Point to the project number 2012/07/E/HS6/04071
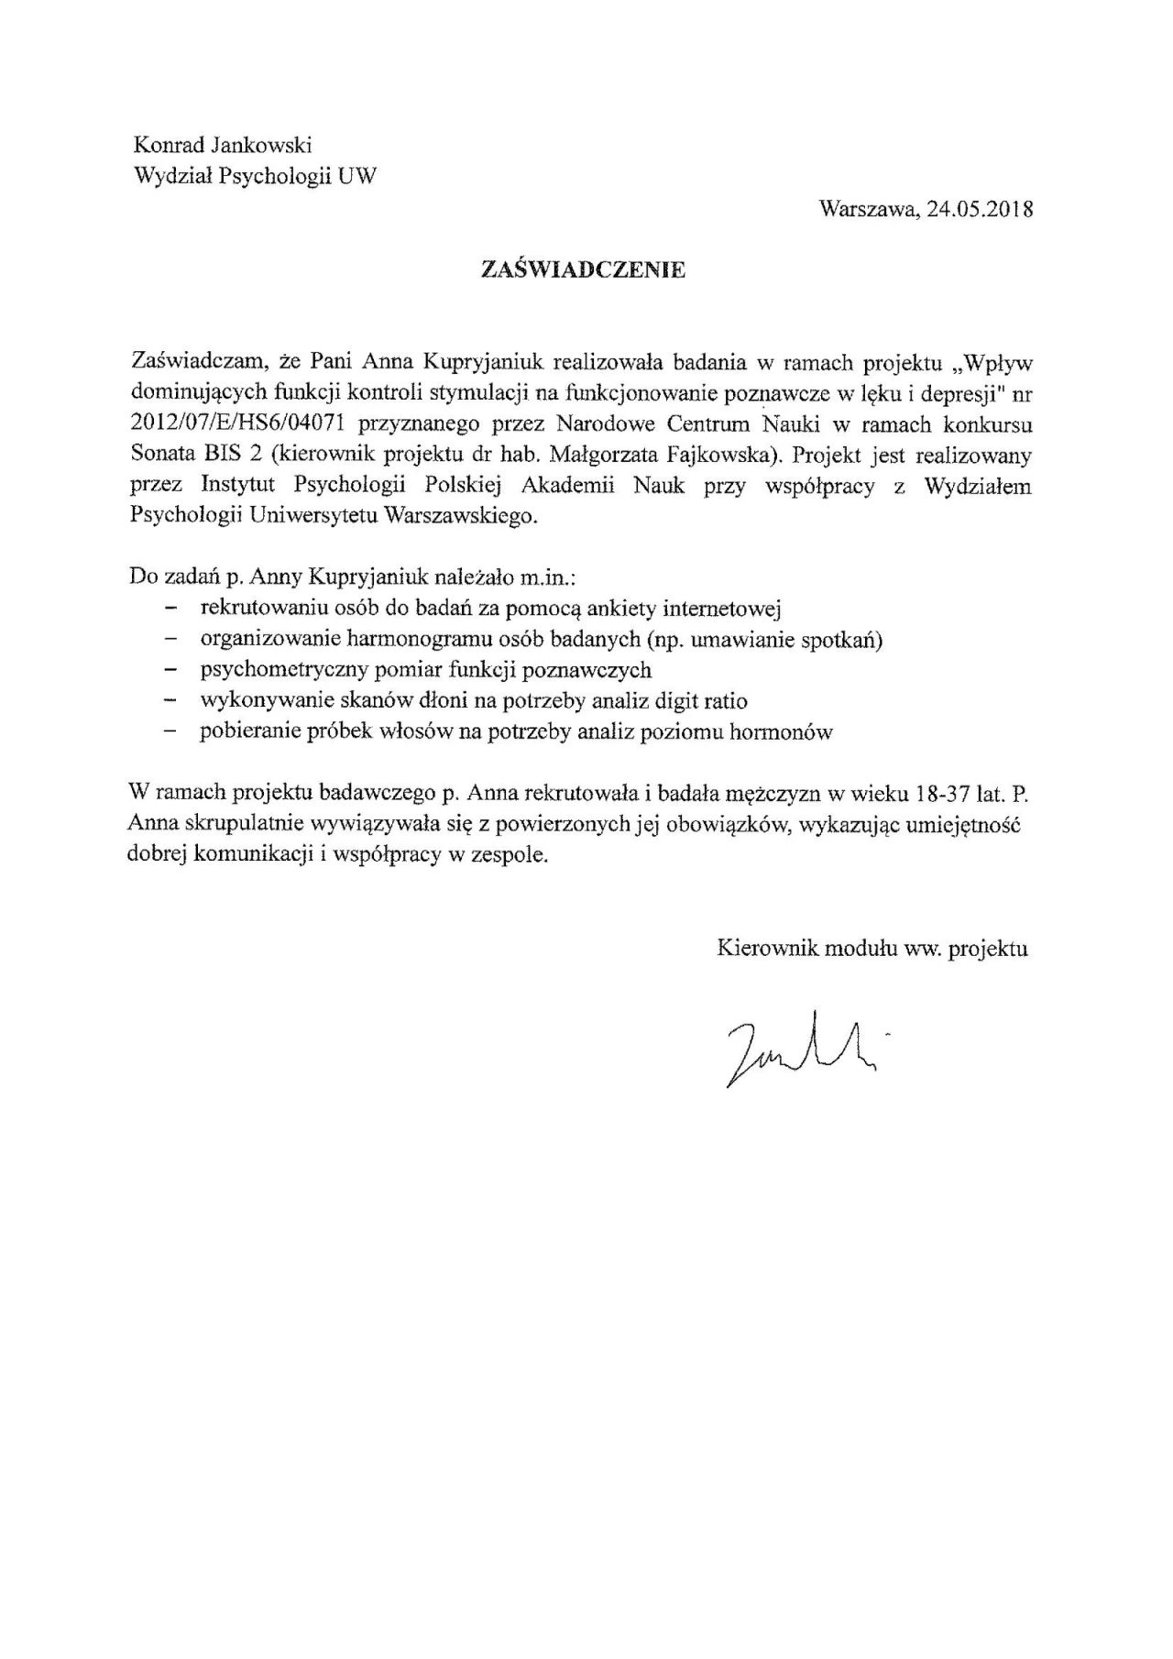click(237, 424)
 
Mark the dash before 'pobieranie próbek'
click(169, 733)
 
